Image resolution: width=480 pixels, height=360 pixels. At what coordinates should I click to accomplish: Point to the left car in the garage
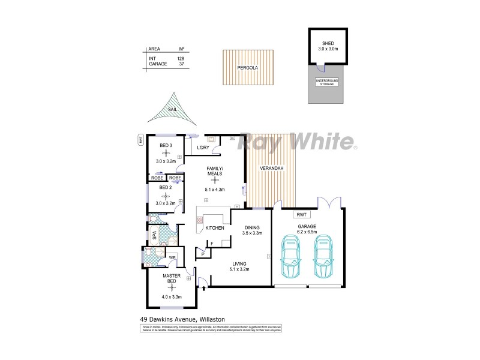pyautogui.click(x=292, y=256)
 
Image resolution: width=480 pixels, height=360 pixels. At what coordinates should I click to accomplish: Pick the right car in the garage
pyautogui.click(x=325, y=256)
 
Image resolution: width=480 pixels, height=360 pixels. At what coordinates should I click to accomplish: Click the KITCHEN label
pyautogui.click(x=215, y=228)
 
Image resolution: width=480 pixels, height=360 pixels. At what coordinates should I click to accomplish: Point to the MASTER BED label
pyautogui.click(x=172, y=278)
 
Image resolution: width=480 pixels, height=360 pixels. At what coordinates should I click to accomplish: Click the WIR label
pyautogui.click(x=172, y=257)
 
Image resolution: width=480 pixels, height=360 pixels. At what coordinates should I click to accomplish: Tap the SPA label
pyautogui.click(x=154, y=235)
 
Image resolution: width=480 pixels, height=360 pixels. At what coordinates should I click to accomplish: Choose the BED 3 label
pyautogui.click(x=166, y=145)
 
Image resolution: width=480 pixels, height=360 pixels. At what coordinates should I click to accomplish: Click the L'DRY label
pyautogui.click(x=202, y=148)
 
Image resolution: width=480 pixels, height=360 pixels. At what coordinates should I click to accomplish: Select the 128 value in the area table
pyautogui.click(x=181, y=58)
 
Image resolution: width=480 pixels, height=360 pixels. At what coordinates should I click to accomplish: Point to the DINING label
pyautogui.click(x=252, y=227)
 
